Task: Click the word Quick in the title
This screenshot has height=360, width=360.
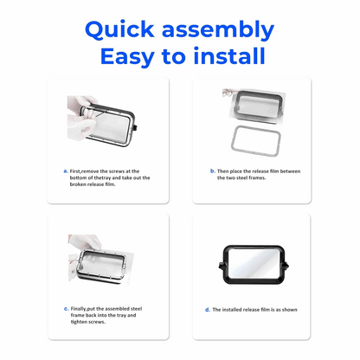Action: coord(119,29)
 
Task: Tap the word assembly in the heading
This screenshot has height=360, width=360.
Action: coord(218,30)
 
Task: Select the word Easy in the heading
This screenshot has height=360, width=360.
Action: coord(127,57)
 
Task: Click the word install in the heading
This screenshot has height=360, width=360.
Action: coord(229,55)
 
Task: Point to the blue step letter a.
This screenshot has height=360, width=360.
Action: coord(66,171)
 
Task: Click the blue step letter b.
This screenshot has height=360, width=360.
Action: coord(213,170)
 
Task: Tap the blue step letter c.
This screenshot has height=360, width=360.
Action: coord(66,309)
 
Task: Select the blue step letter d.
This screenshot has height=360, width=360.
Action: coord(208,310)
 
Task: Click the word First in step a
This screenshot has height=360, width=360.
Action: coord(75,171)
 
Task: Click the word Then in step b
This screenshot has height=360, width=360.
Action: coord(222,171)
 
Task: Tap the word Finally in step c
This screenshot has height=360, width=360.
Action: coord(79,309)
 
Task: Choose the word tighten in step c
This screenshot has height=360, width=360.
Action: coord(79,322)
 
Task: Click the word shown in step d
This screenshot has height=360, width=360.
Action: coord(290,310)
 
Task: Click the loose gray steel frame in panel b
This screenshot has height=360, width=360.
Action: coord(233,141)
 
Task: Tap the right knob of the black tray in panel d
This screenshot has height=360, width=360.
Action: coord(286,266)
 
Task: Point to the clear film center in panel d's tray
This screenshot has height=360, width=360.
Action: coord(254,264)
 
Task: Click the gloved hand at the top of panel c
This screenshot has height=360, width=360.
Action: coord(85,241)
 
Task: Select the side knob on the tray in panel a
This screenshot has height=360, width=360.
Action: coord(135,127)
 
